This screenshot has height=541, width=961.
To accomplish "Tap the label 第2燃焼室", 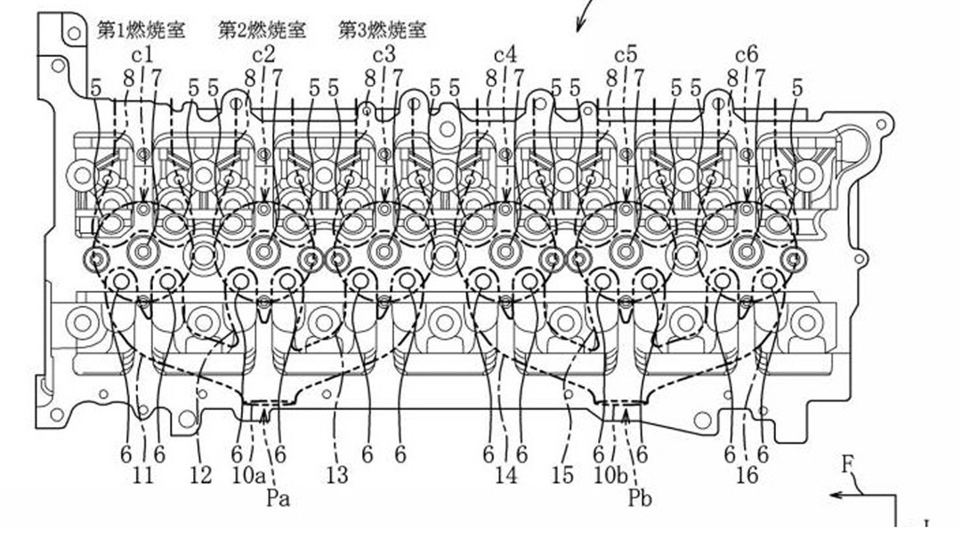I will (x=262, y=30).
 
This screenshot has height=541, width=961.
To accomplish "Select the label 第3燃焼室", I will (x=382, y=30).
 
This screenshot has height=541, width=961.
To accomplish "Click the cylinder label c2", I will (x=262, y=55).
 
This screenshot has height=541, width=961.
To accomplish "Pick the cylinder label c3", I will (x=384, y=55).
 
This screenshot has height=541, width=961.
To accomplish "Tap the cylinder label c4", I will (x=505, y=55).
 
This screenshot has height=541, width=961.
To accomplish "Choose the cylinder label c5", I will (x=626, y=55).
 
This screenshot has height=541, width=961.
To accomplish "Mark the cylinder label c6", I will (x=747, y=55).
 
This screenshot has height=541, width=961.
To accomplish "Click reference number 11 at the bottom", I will (x=142, y=476).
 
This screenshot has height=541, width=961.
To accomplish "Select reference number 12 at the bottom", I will (x=201, y=476).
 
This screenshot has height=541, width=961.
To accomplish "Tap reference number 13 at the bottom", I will (x=336, y=476).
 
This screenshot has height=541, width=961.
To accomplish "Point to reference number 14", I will (x=505, y=476).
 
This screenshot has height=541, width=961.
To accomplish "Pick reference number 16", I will (x=747, y=476).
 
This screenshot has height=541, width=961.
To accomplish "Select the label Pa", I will (x=278, y=498).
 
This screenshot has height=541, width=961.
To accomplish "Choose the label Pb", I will (x=639, y=498).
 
